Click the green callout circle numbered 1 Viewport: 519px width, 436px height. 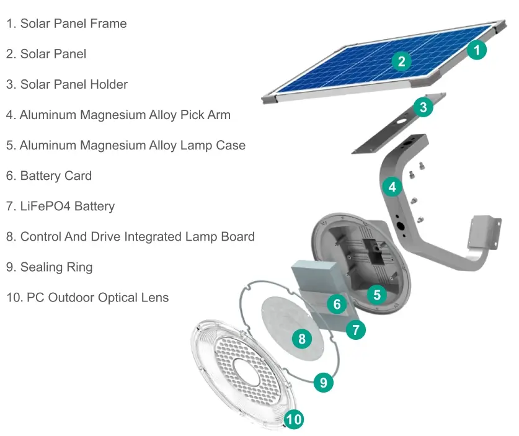[x=476, y=50]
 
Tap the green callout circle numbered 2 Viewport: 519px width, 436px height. [x=402, y=61]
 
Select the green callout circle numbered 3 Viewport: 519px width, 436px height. [x=423, y=107]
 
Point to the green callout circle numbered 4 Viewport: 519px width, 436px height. [x=392, y=186]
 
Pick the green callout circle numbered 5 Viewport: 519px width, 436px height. [x=376, y=295]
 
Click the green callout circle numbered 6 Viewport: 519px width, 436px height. [x=337, y=304]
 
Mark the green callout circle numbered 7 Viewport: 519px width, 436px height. [x=355, y=330]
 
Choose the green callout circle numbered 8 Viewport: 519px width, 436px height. [x=302, y=339]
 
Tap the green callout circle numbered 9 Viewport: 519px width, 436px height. [x=323, y=382]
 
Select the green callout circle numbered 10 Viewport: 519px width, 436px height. [x=294, y=420]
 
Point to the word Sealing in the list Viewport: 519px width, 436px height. [x=40, y=267]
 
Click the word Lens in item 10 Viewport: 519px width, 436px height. [x=155, y=298]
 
